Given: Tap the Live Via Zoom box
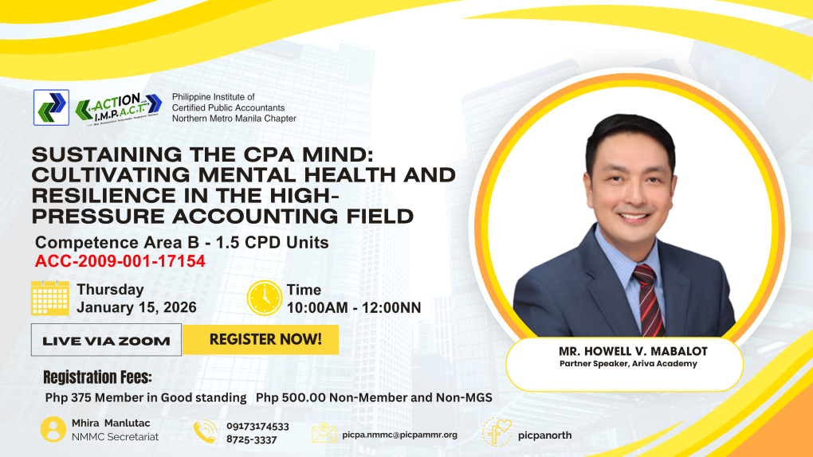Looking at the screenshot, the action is [x=106, y=340].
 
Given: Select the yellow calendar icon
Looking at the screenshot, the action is [x=49, y=298].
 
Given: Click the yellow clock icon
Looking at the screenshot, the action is [x=265, y=298].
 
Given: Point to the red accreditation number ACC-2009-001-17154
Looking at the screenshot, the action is [x=120, y=261].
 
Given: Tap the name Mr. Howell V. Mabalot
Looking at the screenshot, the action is [x=633, y=351].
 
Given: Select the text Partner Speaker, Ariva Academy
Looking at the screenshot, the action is [x=628, y=364].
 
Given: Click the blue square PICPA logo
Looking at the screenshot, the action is [x=51, y=107].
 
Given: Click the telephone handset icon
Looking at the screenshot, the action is [x=206, y=432].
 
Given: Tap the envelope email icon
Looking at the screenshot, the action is [x=324, y=432].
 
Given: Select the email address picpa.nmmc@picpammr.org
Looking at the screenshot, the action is [x=400, y=435].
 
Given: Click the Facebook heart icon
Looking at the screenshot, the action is [x=497, y=432].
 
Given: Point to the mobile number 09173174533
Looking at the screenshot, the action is [x=257, y=427].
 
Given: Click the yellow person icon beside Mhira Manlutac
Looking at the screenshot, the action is [x=53, y=430].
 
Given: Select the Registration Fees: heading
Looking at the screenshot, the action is [x=97, y=377].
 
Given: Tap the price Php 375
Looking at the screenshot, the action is [x=68, y=397].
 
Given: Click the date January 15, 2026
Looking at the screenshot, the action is [x=137, y=307].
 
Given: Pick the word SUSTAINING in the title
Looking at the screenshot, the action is [x=108, y=155].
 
